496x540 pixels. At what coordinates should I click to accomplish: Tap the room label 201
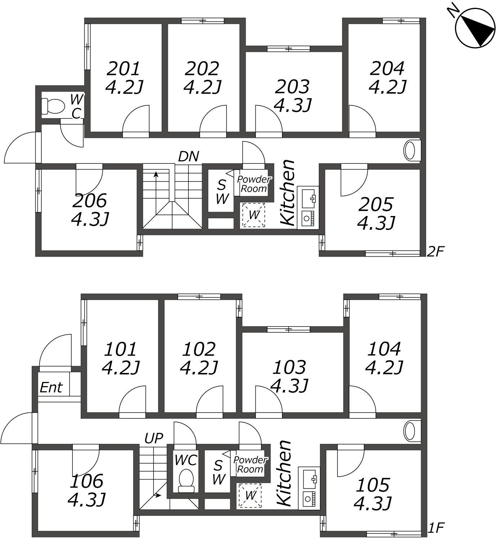coord(124,69)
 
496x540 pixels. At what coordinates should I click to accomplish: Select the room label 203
coord(292,87)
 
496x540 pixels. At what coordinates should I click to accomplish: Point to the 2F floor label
coord(435,252)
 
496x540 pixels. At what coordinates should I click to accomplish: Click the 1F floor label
coord(435,528)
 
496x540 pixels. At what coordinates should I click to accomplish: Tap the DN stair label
coord(189,156)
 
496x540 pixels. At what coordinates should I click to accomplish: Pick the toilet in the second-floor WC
coord(53,106)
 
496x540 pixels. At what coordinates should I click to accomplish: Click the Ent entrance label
coord(51,388)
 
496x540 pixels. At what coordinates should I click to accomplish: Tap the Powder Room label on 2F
coord(254,184)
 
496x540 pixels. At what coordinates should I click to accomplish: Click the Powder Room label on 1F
coord(250,465)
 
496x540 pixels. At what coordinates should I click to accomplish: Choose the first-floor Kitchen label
coord(284,473)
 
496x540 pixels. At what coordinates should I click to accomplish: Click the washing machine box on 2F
coord(254,215)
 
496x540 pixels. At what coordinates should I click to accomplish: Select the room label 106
coord(86,481)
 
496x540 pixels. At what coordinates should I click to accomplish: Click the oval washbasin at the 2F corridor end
coord(410,151)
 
